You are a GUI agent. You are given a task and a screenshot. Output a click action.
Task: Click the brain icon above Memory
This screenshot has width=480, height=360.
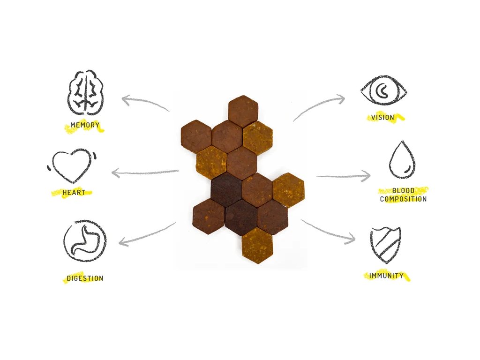(86, 92)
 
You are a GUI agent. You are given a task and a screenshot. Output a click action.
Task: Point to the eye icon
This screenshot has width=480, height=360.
(383, 90)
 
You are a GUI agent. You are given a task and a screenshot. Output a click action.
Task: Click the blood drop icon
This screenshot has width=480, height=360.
(401, 160)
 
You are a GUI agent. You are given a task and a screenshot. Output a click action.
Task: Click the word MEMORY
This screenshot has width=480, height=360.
(84, 126)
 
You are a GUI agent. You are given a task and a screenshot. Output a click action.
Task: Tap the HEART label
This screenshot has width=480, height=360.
(74, 193)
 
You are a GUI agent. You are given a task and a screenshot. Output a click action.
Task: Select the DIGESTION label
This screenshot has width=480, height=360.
(84, 278)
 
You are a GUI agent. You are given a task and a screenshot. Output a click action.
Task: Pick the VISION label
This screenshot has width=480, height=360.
(382, 117)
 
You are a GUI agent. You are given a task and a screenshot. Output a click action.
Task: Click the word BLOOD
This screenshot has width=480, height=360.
(403, 191)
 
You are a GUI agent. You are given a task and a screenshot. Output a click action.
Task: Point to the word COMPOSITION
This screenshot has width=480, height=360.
(403, 199)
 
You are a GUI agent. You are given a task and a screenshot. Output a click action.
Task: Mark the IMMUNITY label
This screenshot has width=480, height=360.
(386, 276)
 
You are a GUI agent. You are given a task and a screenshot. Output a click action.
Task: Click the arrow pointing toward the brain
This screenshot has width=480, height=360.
(145, 103)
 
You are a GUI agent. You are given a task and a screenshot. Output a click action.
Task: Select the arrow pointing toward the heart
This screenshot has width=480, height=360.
(145, 173)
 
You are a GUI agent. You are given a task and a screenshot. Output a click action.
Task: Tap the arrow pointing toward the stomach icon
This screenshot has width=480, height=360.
(147, 235)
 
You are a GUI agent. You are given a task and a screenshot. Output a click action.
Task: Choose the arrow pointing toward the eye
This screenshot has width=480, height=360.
(319, 106)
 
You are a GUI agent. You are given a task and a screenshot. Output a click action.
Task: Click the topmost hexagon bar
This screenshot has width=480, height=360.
(243, 111)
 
